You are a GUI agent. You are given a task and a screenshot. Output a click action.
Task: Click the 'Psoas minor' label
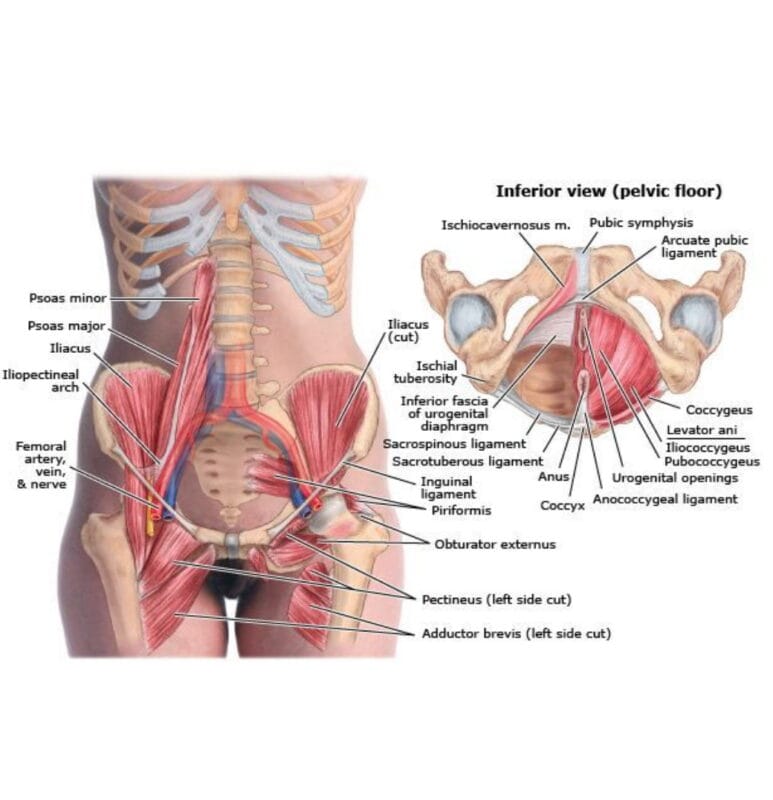[x=68, y=298]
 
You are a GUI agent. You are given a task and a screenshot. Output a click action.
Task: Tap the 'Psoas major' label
[x=66, y=326]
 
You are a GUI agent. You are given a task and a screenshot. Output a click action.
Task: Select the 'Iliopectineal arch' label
[x=40, y=381]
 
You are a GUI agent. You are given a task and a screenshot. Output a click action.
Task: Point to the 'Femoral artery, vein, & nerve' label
[x=41, y=465]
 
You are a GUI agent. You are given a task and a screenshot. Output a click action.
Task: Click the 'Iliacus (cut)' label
[x=408, y=331]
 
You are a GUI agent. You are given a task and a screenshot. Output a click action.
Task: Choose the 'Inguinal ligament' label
[x=447, y=488]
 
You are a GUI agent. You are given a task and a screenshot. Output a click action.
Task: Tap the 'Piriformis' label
[x=461, y=510]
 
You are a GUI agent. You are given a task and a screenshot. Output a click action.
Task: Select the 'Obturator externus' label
[x=495, y=544]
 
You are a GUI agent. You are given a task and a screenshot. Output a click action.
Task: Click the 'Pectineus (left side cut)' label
[x=496, y=599]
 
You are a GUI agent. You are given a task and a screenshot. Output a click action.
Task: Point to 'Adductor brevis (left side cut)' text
[x=516, y=634]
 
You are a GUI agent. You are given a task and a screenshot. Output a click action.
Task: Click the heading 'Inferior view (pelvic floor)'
[x=609, y=191]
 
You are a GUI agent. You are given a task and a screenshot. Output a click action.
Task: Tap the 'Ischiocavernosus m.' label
[x=506, y=225]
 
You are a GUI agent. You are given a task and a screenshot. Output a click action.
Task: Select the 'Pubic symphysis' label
[x=641, y=222]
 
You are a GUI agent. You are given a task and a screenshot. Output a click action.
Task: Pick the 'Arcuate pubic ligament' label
[x=704, y=246]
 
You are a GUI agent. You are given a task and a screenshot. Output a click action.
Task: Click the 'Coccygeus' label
[x=719, y=410]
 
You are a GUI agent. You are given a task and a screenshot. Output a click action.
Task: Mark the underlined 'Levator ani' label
[x=702, y=430]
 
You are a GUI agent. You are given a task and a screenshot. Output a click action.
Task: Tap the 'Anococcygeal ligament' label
[x=665, y=499]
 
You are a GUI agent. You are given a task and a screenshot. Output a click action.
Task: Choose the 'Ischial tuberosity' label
[x=426, y=372]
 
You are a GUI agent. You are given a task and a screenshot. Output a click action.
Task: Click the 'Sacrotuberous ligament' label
[x=467, y=461]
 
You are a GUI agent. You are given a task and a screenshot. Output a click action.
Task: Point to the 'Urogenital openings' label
[x=675, y=478]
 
